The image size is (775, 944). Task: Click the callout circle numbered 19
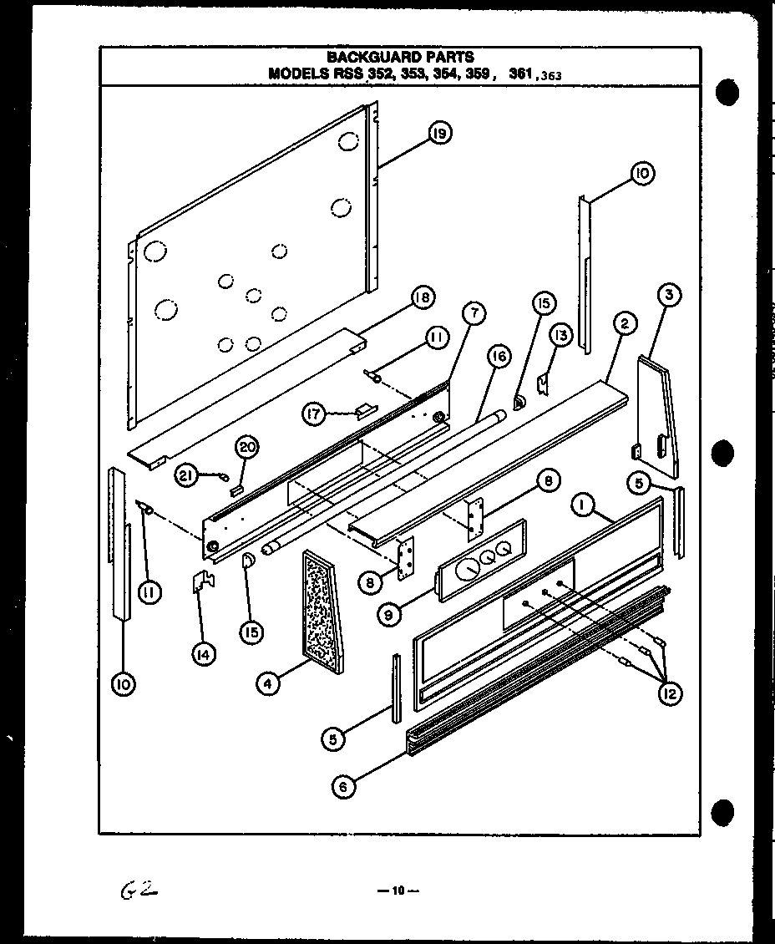coord(440,133)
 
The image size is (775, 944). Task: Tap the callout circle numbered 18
coord(423,298)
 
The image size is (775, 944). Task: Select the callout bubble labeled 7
coord(473,314)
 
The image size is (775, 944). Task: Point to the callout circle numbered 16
coord(498,358)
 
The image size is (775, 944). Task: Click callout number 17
coord(313,414)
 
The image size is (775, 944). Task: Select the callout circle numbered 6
coord(342,786)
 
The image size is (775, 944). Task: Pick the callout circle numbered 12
coord(669,693)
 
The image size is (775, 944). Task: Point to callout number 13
coord(560,336)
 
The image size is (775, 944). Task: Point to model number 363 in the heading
coord(551,75)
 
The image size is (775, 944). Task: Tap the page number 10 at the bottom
coord(398,891)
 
